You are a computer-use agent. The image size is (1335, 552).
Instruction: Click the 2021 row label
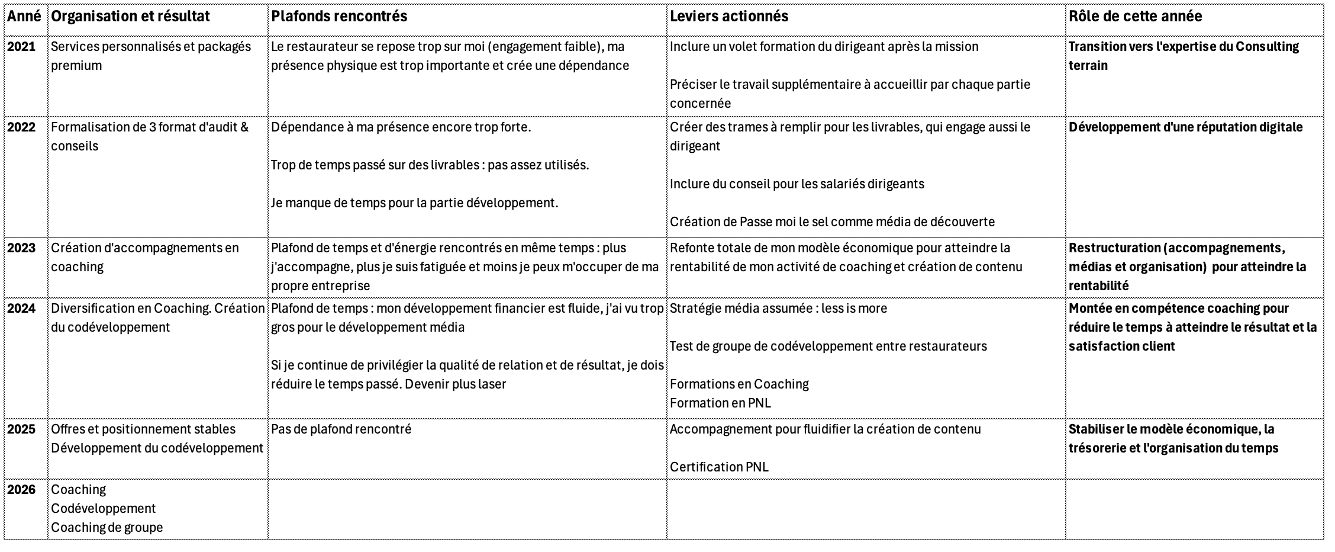[x=21, y=47]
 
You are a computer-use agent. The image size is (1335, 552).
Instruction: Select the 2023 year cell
[x=21, y=248]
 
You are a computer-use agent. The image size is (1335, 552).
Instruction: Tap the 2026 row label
[x=21, y=490]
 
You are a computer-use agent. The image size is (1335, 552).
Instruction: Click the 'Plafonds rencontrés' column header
[x=339, y=17]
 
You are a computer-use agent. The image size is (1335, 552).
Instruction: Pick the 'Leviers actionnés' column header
[x=729, y=17]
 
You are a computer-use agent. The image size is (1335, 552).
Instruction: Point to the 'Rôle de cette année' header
[x=1135, y=17]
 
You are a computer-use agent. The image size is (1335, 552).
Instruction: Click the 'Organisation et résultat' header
[x=130, y=17]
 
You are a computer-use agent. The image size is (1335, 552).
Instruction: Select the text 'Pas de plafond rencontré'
[x=341, y=429]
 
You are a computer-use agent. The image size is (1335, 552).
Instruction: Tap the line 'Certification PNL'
[x=719, y=467]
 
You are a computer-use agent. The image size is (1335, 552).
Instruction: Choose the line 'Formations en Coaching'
[x=739, y=384]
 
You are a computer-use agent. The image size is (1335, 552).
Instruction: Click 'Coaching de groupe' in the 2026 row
[x=107, y=528]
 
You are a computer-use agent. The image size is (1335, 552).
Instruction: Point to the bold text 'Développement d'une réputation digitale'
[x=1185, y=127]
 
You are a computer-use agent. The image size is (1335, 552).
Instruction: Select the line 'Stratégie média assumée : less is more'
[x=778, y=309]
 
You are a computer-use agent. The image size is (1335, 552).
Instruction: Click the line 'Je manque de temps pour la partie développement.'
[x=414, y=203]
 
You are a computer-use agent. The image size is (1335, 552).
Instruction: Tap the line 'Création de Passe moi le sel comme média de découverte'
[x=832, y=222]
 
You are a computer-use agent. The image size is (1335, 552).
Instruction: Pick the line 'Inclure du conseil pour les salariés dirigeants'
[x=797, y=184]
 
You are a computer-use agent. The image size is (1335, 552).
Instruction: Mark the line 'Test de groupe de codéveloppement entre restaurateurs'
[x=828, y=346]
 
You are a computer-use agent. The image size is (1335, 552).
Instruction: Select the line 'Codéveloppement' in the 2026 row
[x=103, y=509]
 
